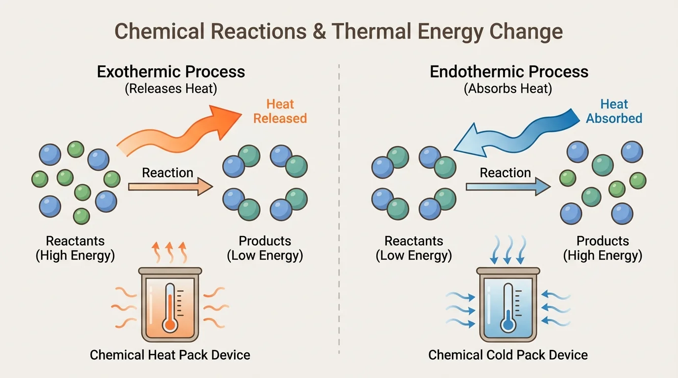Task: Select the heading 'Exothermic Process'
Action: [x=171, y=72]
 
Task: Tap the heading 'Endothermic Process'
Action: [x=509, y=72]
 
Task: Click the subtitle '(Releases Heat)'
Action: [x=171, y=89]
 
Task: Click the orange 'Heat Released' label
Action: [x=280, y=111]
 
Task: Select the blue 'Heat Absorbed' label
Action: [x=614, y=111]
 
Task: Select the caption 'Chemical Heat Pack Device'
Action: [x=170, y=355]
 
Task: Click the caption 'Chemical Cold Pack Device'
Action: [x=508, y=355]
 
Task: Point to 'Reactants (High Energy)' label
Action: [x=75, y=249]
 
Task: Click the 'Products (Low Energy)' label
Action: [x=265, y=249]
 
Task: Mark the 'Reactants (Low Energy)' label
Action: [x=414, y=249]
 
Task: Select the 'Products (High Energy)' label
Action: [x=603, y=249]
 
